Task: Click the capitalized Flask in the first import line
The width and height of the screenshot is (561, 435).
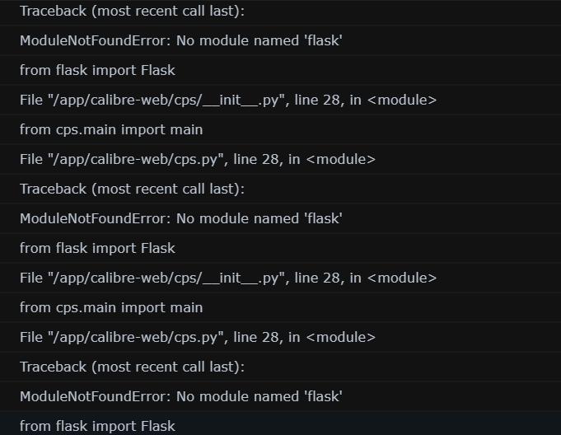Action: pos(158,70)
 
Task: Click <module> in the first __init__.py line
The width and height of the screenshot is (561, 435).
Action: pos(402,100)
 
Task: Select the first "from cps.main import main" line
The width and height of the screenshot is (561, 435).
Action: pos(111,129)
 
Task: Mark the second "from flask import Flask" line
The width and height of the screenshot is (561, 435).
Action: pos(97,248)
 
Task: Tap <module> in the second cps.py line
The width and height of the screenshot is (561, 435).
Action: pos(340,337)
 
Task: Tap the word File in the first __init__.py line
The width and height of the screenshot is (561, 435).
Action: pos(30,100)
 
